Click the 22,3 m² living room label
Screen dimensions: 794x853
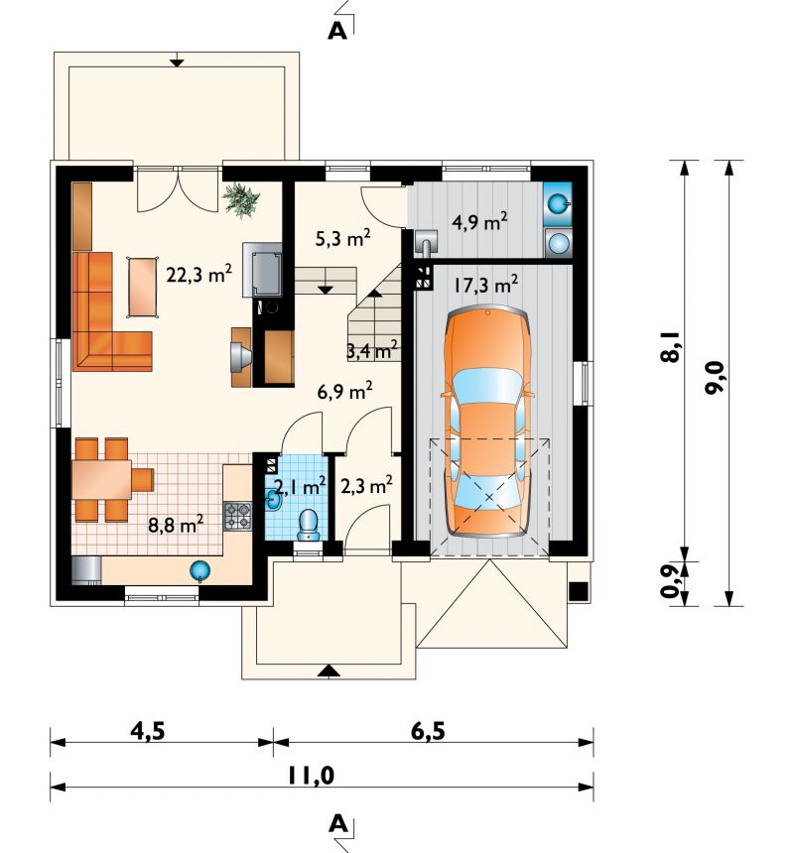coord(199,274)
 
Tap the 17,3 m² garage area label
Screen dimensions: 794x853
coord(486,284)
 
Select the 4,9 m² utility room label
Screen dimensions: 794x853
coord(479,221)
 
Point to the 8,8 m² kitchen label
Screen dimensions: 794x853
coord(176,525)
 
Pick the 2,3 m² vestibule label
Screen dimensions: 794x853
coord(366,485)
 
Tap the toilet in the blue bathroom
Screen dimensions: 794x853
coord(309,525)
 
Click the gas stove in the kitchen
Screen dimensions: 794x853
coord(238,516)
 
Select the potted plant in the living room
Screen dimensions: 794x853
coord(240,199)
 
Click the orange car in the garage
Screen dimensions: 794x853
coord(488,422)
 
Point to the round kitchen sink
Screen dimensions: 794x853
coord(200,570)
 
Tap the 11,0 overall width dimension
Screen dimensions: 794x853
coord(311,775)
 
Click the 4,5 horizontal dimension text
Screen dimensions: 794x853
coord(148,731)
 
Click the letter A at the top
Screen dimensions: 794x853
coord(337,32)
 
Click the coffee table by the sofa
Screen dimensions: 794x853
coord(143,287)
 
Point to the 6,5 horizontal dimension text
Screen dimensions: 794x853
coord(428,731)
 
